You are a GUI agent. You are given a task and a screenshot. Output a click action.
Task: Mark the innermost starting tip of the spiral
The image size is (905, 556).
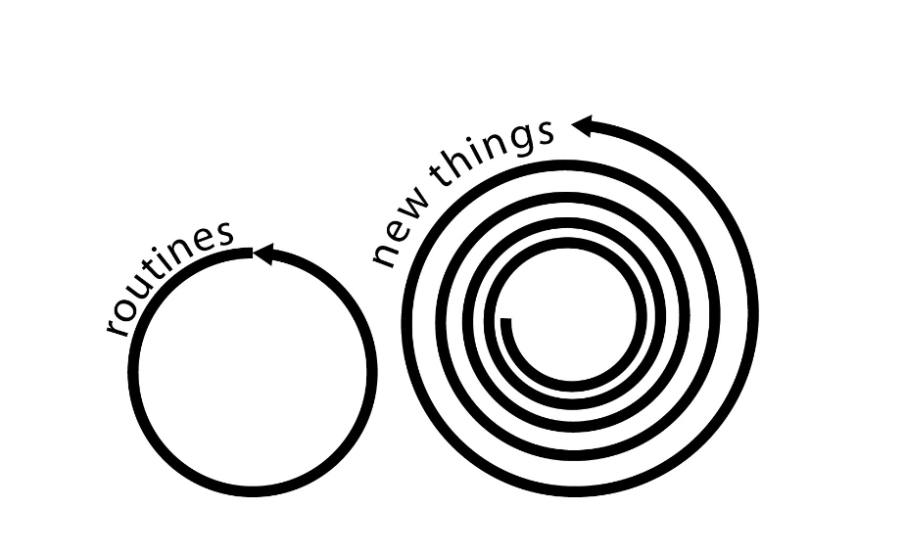click(x=505, y=322)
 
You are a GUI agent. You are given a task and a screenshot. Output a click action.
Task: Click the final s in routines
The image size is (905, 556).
click(x=224, y=234)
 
